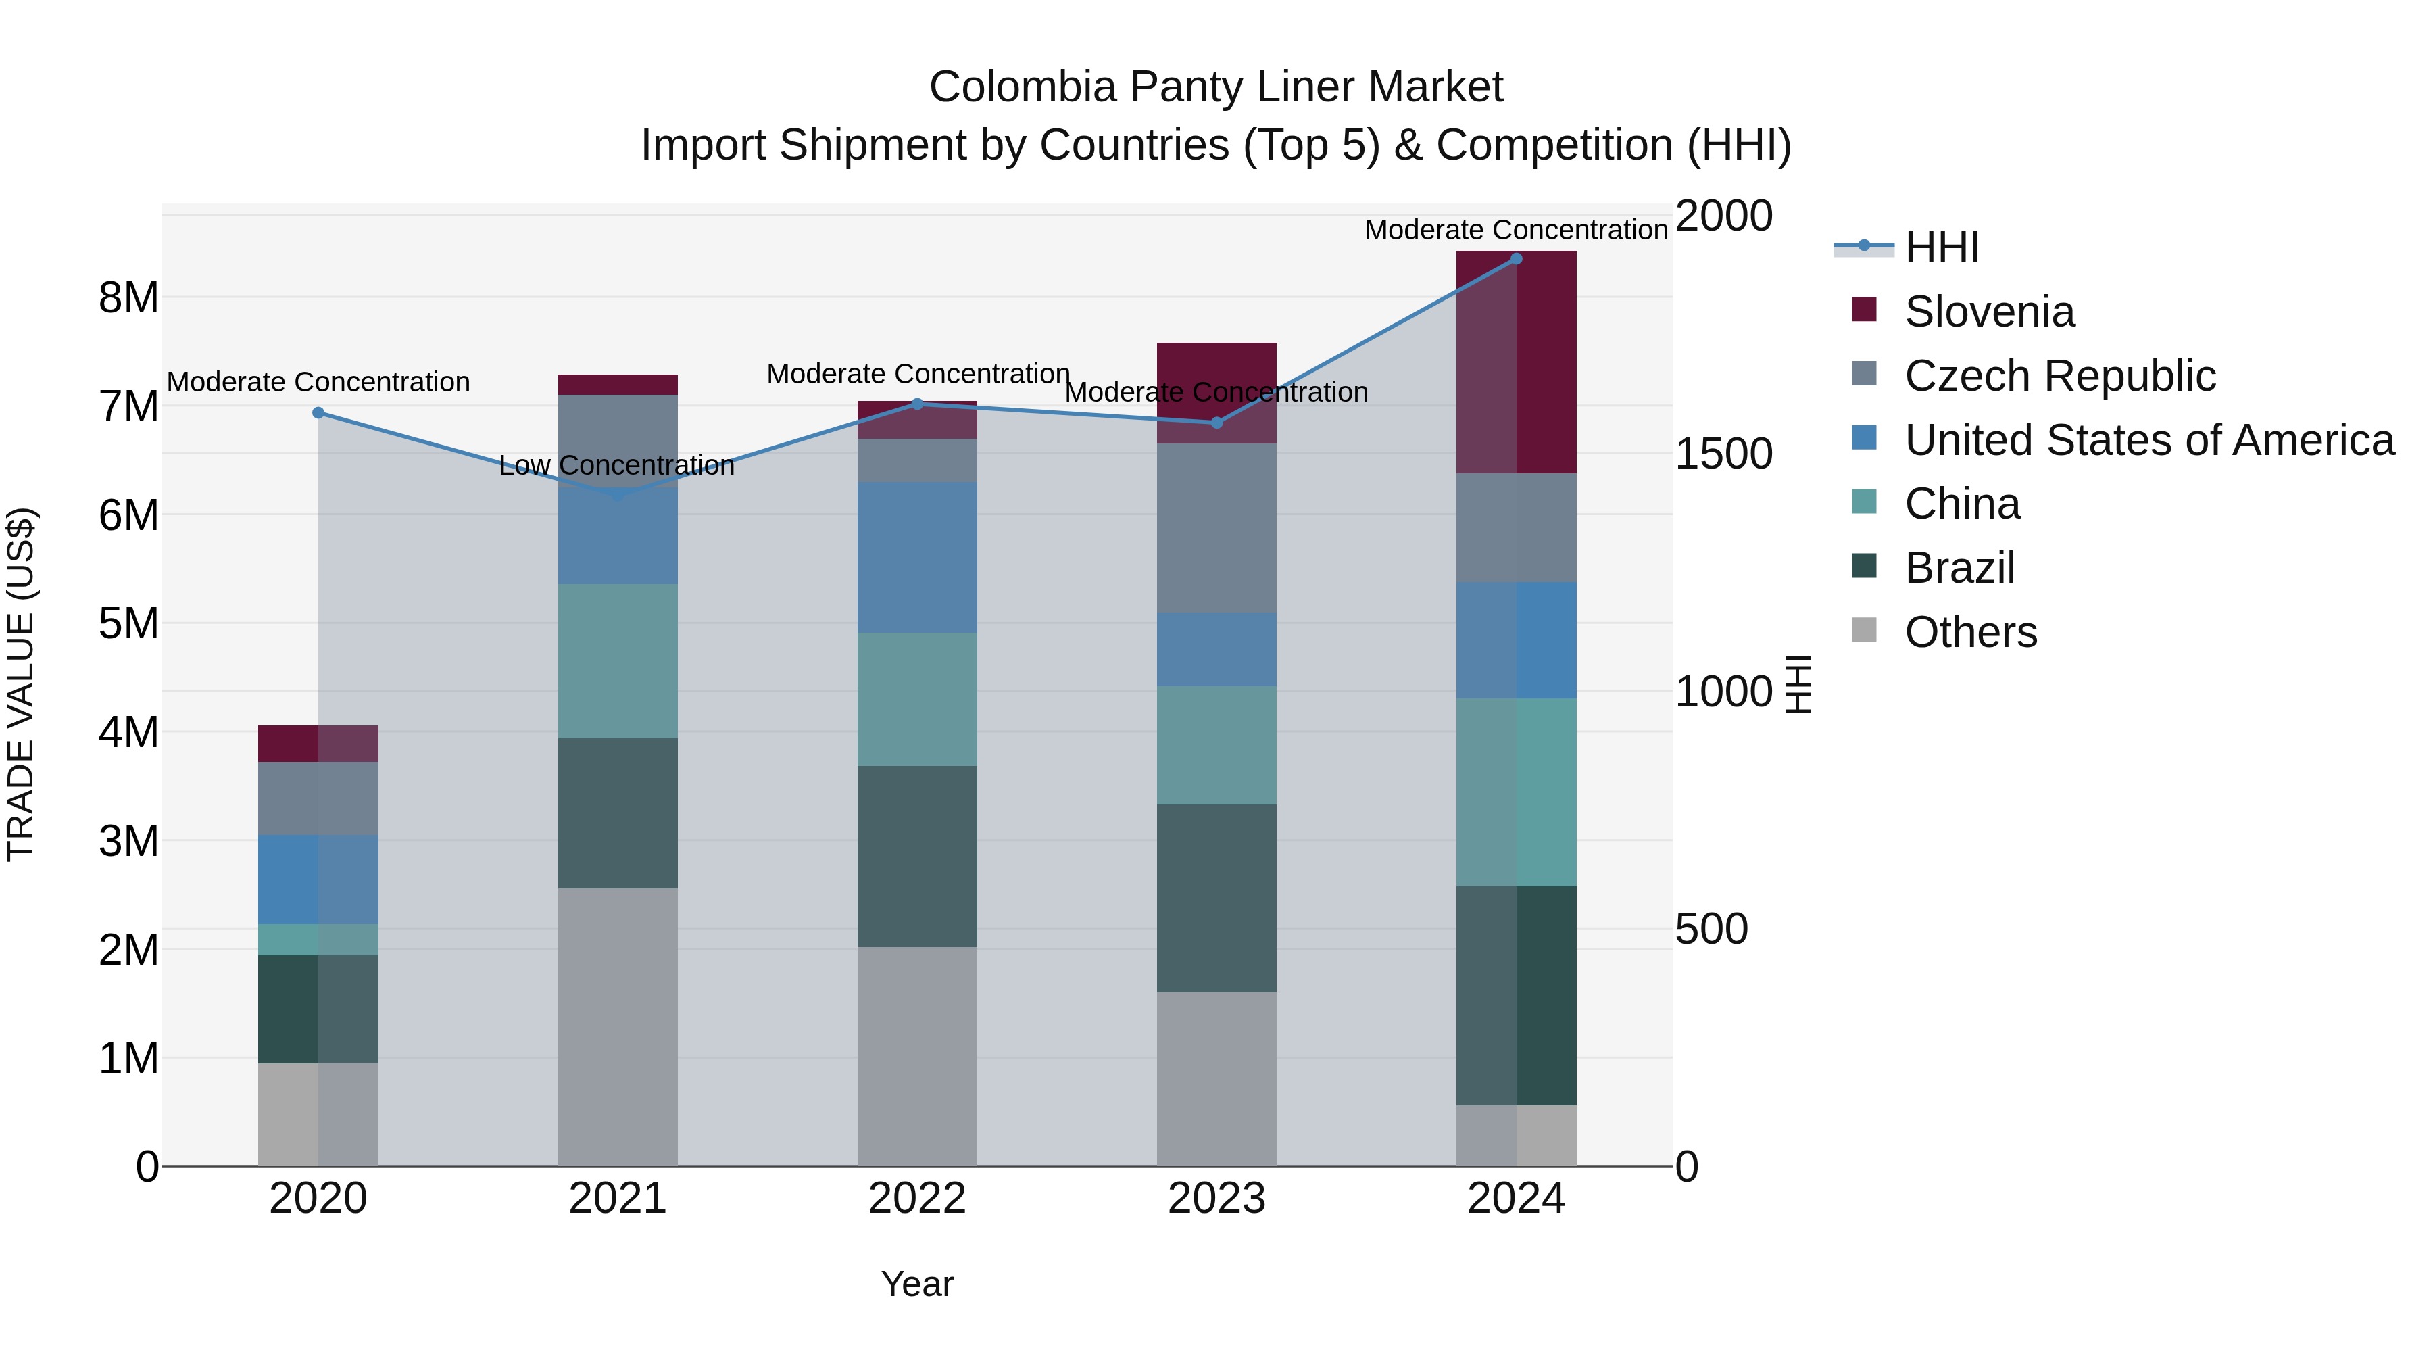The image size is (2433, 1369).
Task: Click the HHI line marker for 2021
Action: pyautogui.click(x=618, y=494)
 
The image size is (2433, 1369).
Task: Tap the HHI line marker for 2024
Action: pyautogui.click(x=1516, y=259)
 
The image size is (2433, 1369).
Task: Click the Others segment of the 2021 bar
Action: pyautogui.click(x=618, y=1026)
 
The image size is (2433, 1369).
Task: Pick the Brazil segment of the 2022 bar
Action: pyautogui.click(x=917, y=856)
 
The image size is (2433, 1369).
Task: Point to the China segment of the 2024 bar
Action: pyautogui.click(x=1516, y=792)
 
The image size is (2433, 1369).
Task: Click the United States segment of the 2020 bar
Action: pyautogui.click(x=318, y=880)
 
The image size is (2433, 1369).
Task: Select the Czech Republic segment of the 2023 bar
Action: pyautogui.click(x=1216, y=528)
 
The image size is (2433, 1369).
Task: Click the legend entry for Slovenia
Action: pyautogui.click(x=1988, y=312)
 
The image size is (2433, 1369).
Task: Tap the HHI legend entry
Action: pyautogui.click(x=1941, y=247)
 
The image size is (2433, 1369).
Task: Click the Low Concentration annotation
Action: pyautogui.click(x=617, y=465)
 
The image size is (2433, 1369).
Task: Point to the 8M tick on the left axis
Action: pyautogui.click(x=128, y=297)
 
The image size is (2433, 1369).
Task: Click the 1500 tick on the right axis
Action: pyautogui.click(x=1723, y=454)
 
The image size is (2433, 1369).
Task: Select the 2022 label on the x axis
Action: pyautogui.click(x=917, y=1199)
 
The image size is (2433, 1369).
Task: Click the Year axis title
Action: pyautogui.click(x=917, y=1284)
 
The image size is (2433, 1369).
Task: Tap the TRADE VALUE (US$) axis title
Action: pyautogui.click(x=21, y=684)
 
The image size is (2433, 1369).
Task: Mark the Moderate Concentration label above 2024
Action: pyautogui.click(x=1516, y=230)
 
